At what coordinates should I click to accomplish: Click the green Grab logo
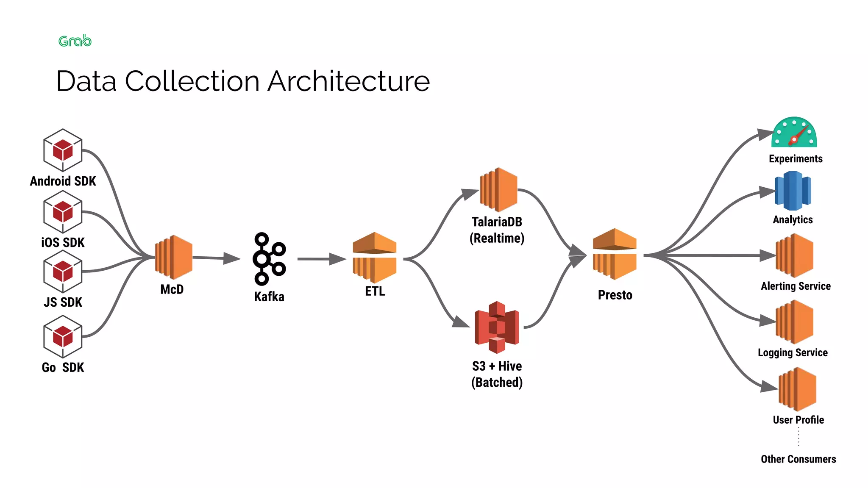[75, 41]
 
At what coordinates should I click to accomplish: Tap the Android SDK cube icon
[63, 150]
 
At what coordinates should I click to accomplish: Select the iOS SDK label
[63, 242]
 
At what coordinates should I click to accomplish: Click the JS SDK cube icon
[63, 271]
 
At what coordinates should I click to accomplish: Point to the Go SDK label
[63, 367]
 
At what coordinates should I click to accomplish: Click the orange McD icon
[174, 257]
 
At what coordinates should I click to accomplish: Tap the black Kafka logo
[269, 258]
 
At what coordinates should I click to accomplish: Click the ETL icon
[374, 257]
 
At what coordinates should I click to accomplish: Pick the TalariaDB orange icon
[498, 190]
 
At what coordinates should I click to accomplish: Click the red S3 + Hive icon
[497, 327]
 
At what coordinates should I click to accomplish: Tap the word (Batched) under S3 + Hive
[497, 382]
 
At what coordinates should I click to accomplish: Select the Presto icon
[615, 254]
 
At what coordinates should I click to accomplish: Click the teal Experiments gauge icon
[794, 133]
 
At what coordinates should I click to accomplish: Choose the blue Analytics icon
[793, 191]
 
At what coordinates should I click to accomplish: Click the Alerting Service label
[796, 286]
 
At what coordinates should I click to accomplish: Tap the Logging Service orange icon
[794, 322]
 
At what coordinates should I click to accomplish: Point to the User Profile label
[798, 420]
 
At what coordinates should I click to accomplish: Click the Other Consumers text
[798, 459]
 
